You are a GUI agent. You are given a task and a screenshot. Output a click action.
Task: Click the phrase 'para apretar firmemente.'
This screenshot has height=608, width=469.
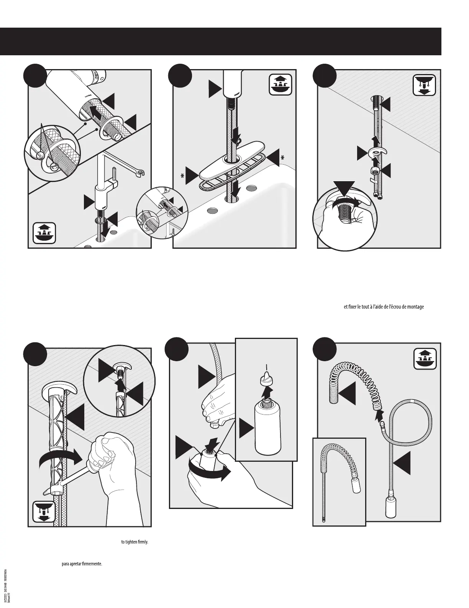pos(82,564)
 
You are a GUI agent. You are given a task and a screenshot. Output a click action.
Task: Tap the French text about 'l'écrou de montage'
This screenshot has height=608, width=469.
pos(382,317)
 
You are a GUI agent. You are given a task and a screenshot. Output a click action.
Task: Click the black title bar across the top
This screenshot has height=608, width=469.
pos(221,41)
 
